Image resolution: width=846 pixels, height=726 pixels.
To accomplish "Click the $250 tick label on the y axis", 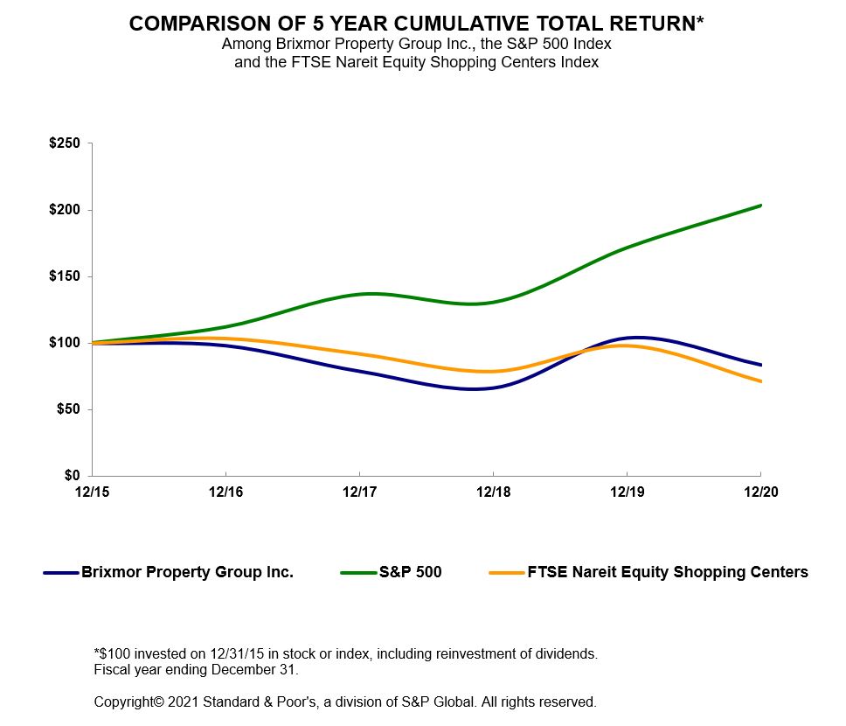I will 65,143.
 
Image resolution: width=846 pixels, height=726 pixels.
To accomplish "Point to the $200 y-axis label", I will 65,210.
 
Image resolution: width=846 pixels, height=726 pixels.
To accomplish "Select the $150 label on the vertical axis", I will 65,276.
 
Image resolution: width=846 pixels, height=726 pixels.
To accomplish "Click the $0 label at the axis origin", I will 72,476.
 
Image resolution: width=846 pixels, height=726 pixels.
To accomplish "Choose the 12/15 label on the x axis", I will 92,492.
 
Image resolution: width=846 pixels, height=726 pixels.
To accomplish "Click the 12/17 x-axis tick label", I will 359,492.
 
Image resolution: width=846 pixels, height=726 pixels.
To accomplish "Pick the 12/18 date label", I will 493,492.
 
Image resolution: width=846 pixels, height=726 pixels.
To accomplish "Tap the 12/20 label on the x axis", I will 760,492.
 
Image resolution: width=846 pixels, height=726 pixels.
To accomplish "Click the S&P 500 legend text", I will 410,573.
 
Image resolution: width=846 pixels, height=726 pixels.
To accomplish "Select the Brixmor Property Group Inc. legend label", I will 187,573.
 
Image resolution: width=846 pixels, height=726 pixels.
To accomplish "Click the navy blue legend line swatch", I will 61,573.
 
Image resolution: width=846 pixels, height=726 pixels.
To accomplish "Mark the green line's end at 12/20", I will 760,206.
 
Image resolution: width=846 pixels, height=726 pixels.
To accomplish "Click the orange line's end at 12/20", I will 760,381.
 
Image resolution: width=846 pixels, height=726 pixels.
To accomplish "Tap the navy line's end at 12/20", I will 760,365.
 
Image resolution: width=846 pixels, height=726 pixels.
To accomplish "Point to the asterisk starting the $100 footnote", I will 96,653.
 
